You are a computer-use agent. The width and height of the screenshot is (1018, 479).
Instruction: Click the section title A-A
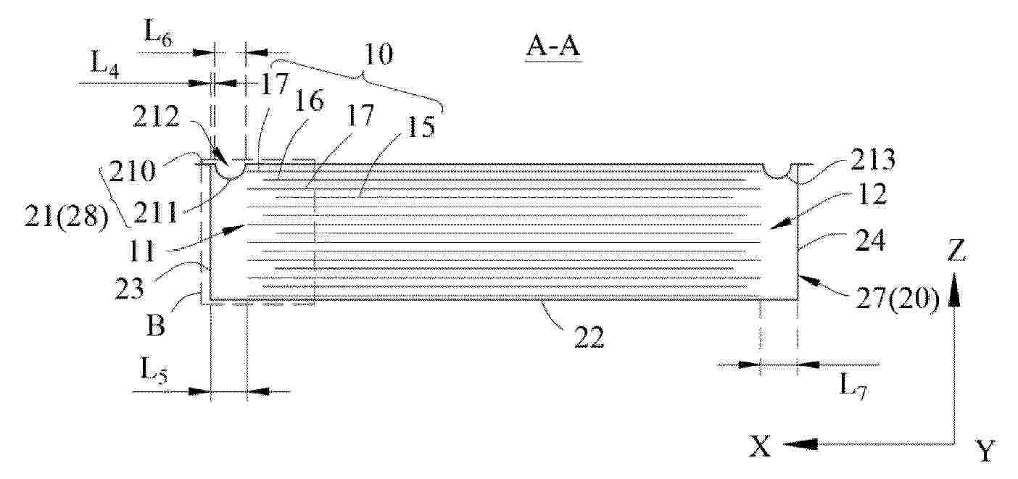pos(553,47)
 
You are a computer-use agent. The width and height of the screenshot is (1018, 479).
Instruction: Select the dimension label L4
pos(105,66)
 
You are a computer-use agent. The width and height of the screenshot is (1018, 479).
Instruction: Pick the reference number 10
pos(378,54)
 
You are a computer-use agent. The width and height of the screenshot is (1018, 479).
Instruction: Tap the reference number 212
pos(156,117)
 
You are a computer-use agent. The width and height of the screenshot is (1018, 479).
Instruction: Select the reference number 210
pos(132,172)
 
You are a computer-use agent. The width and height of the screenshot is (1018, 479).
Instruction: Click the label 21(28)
pos(67,217)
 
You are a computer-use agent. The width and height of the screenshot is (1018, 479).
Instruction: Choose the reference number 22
pos(589,337)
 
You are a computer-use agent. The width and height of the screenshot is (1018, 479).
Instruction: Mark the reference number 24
pos(870,240)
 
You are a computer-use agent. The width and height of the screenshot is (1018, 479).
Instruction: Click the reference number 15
pos(421,127)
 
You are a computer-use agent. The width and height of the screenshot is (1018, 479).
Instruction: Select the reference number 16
pos(309,100)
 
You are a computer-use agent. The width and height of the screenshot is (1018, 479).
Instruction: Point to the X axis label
pos(761,446)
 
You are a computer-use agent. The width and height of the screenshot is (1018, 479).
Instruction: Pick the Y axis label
pos(985,451)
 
